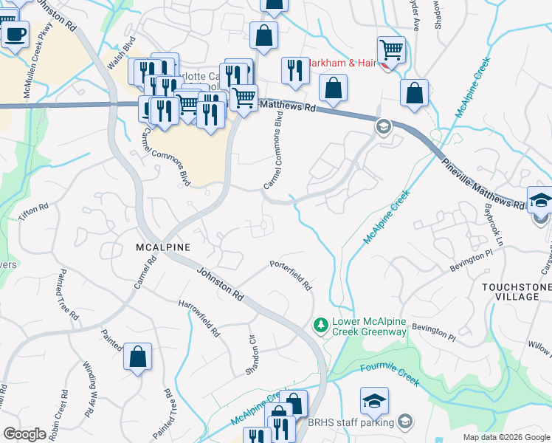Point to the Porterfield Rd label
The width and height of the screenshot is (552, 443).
point(291,274)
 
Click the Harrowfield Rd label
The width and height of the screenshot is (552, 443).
point(199,318)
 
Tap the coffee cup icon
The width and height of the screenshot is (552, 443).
point(15,32)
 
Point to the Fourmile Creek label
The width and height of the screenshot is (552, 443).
point(389,375)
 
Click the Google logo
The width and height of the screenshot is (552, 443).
point(24,434)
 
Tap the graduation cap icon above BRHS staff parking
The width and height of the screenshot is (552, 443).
point(374,401)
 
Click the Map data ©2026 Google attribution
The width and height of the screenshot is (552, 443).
point(506,437)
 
